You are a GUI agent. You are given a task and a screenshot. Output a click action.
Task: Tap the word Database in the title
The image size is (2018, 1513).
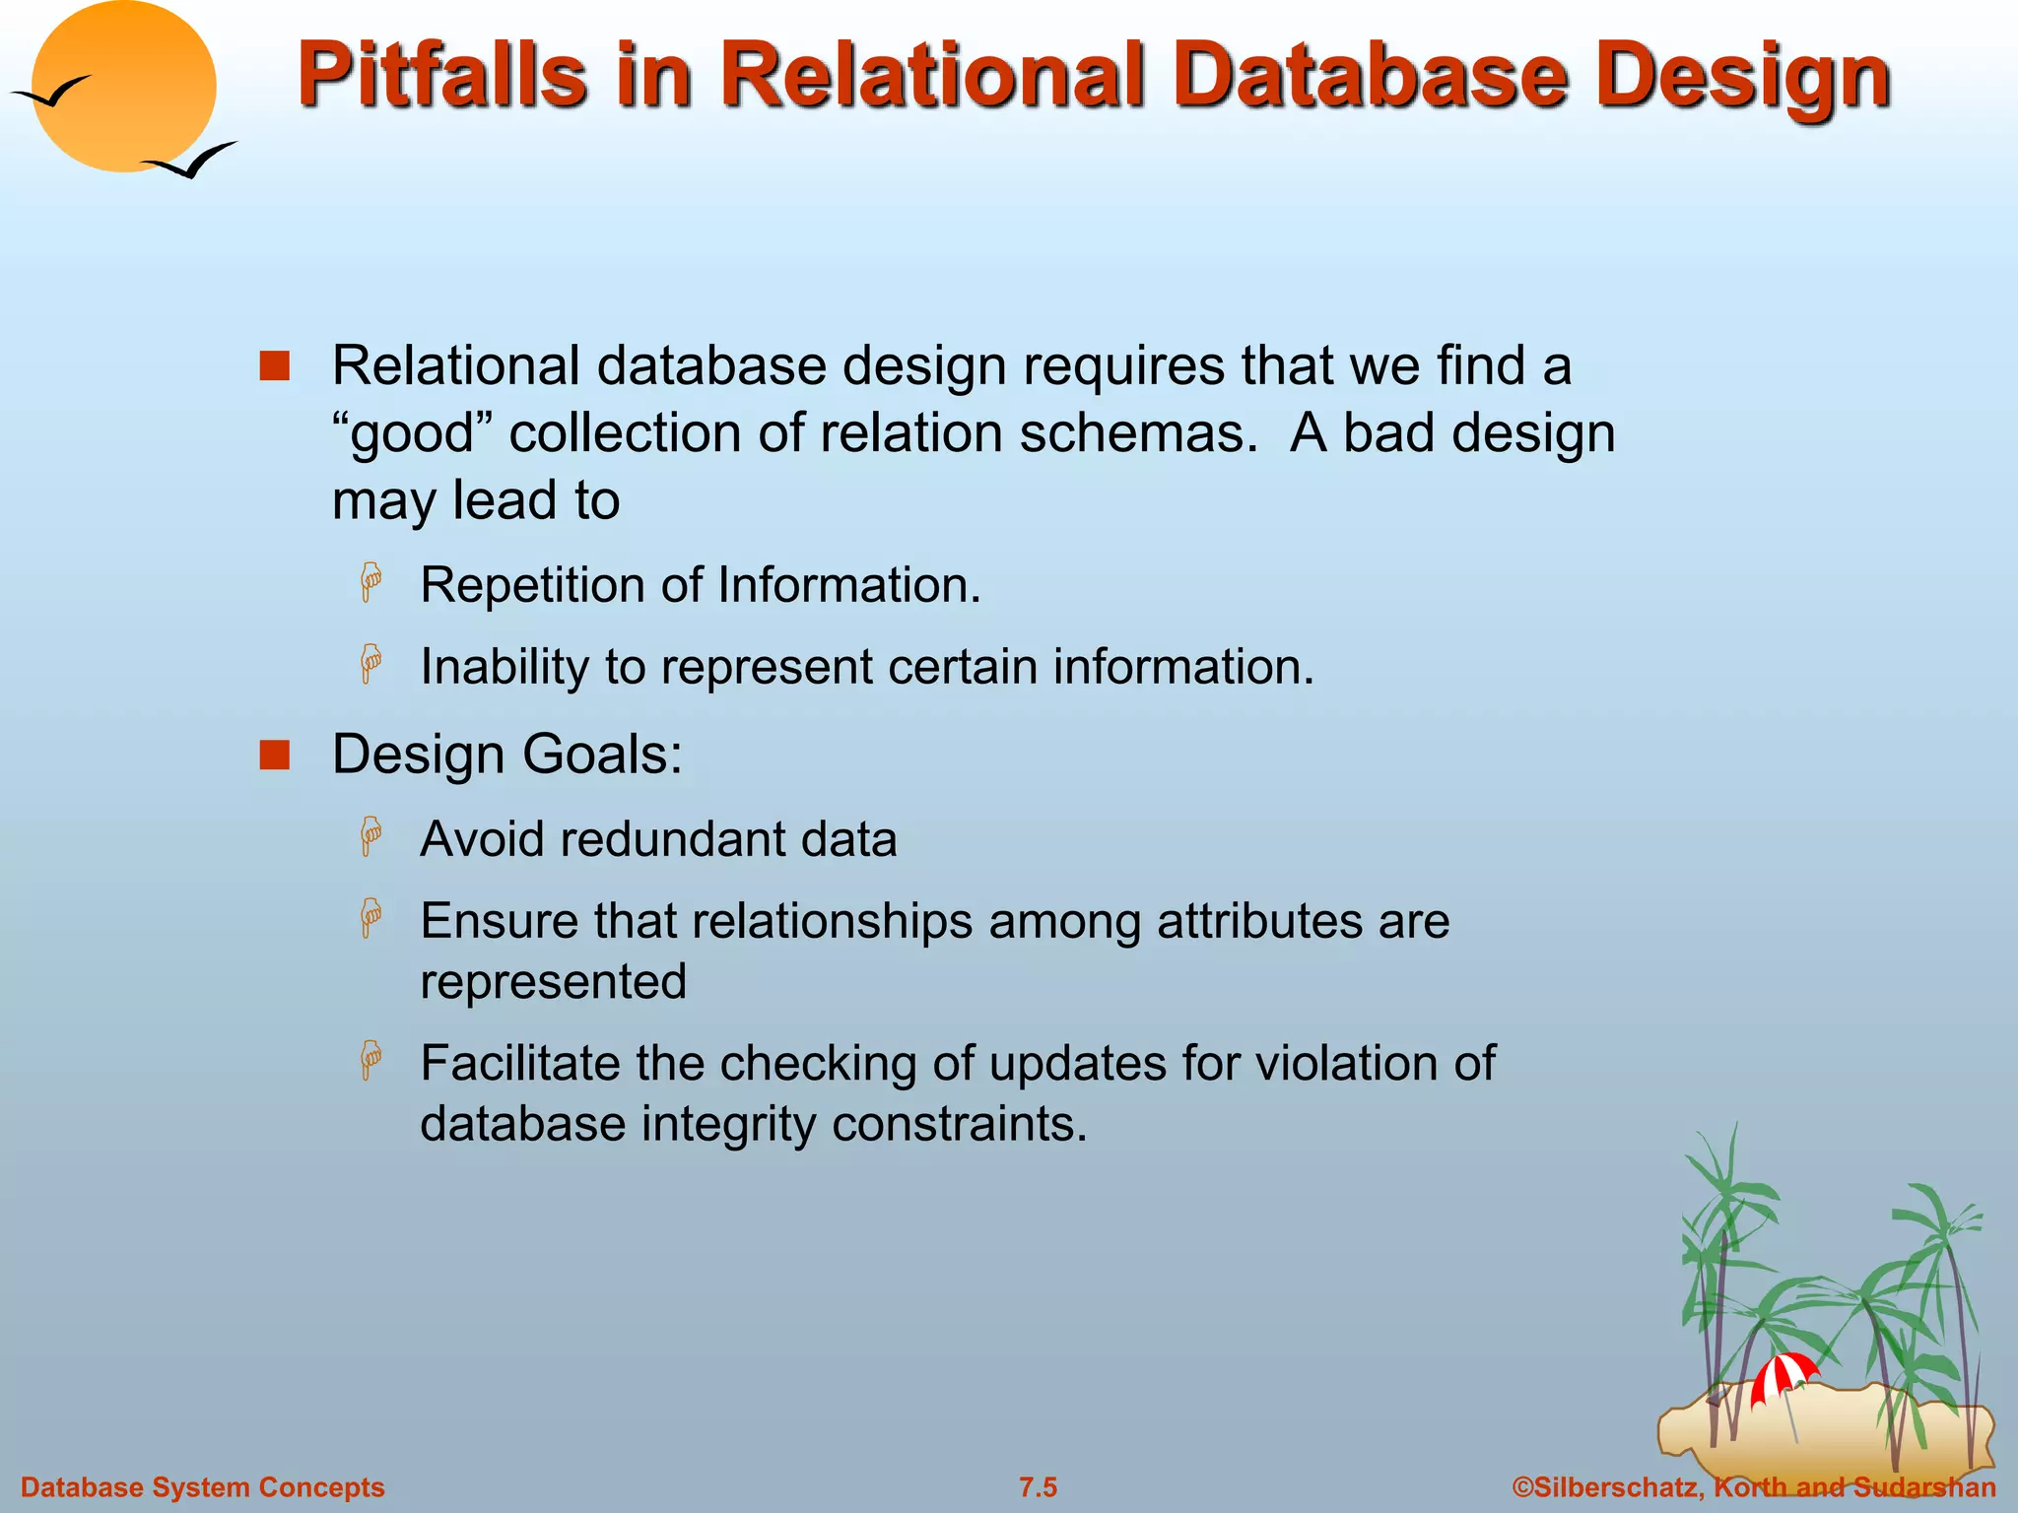(x=1371, y=75)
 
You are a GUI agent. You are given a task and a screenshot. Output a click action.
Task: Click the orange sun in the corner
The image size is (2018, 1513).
(x=124, y=87)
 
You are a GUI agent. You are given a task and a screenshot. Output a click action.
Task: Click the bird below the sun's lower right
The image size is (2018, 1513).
(x=191, y=161)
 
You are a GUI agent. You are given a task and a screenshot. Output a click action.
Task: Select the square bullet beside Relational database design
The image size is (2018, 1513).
(x=274, y=366)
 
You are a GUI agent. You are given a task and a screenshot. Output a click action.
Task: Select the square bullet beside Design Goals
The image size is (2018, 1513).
(x=274, y=756)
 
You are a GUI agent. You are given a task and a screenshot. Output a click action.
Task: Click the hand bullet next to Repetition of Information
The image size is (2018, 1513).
(x=370, y=583)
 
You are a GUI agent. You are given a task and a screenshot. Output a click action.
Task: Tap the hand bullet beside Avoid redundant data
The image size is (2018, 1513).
(x=370, y=837)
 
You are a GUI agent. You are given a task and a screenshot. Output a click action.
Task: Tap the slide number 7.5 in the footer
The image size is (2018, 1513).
(x=1038, y=1487)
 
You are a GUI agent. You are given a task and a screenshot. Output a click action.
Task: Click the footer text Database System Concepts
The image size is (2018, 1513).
(x=203, y=1487)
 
